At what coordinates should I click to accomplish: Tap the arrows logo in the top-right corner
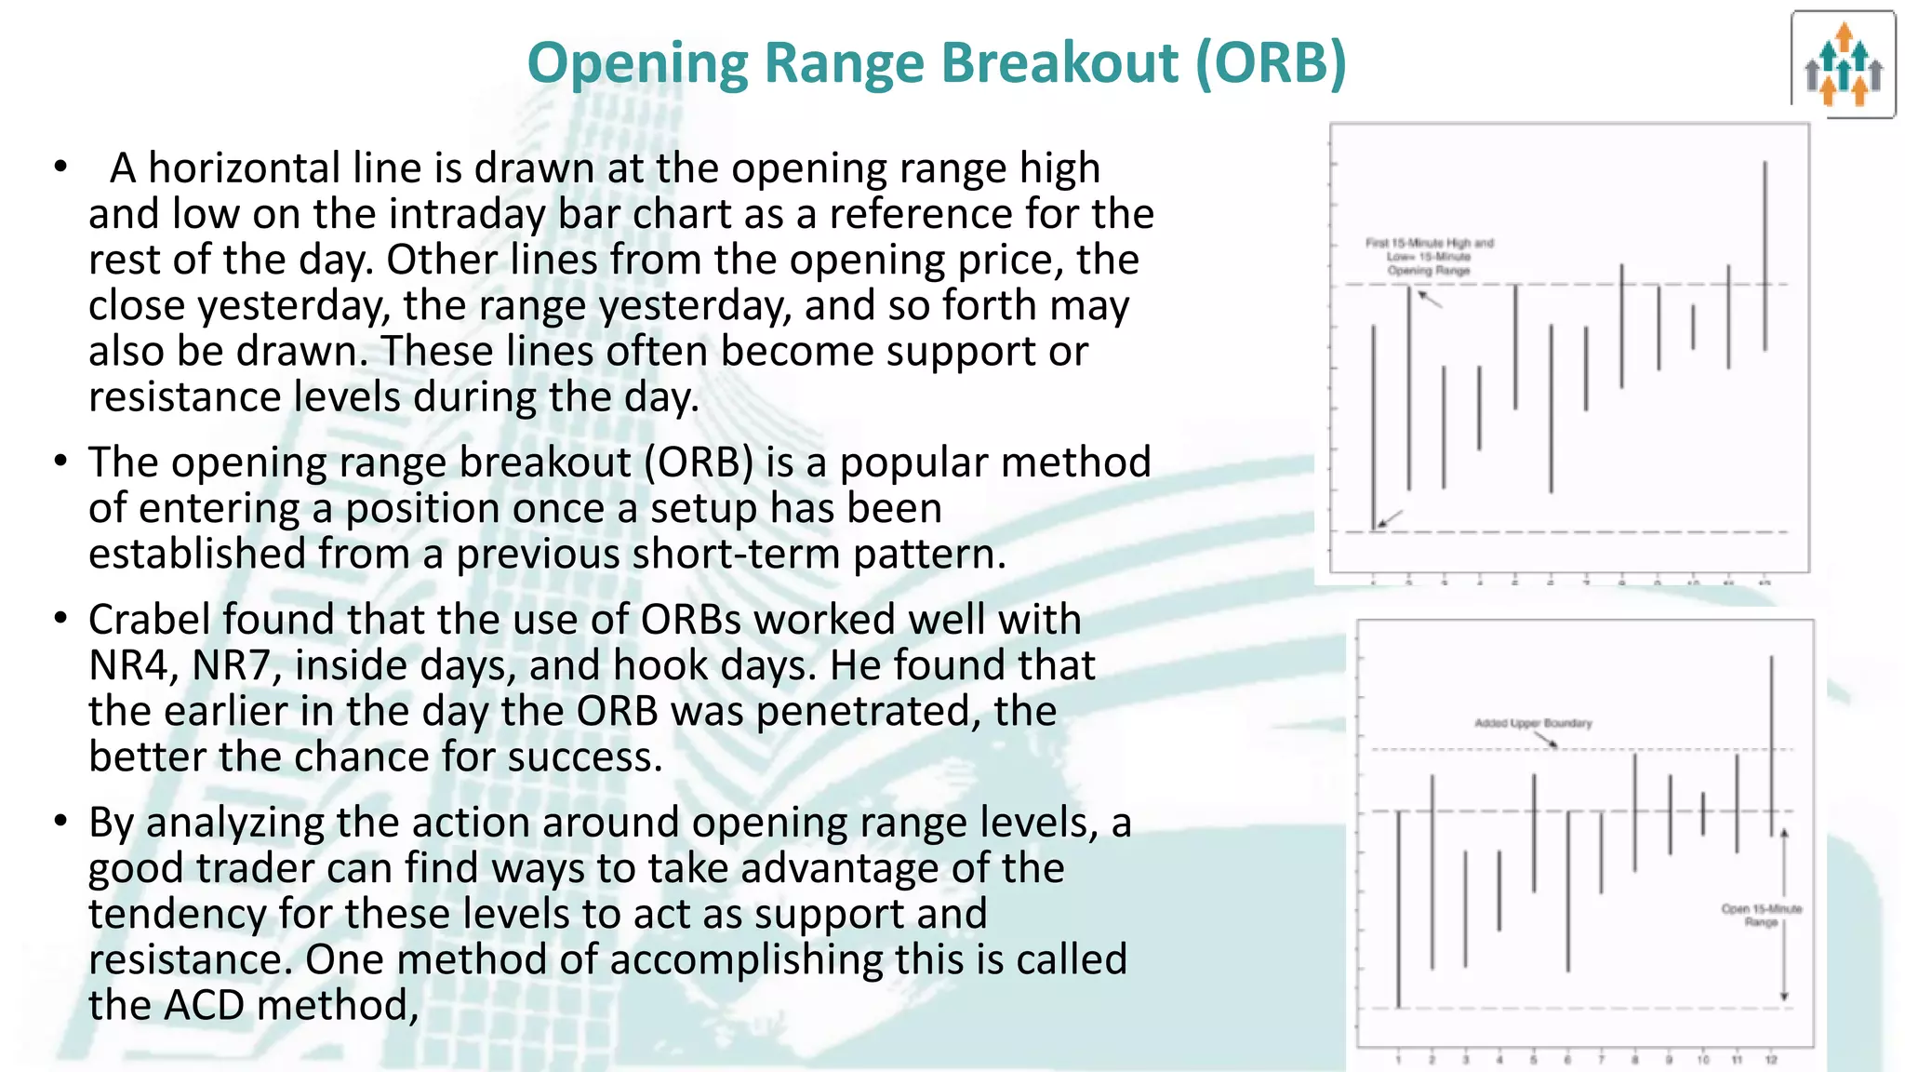[1843, 65]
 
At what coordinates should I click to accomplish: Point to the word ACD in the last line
[204, 1005]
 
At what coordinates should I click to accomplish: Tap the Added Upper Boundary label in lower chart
[1533, 723]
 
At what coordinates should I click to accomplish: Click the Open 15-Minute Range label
[1761, 915]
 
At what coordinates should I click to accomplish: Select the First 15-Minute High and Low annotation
[1429, 256]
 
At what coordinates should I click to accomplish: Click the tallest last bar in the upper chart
[1765, 256]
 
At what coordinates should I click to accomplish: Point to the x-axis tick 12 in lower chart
[1771, 1060]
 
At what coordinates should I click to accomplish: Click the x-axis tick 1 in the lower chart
[1399, 1060]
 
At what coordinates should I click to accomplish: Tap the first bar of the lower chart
[1399, 907]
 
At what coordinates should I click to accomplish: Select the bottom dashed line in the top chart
[1581, 532]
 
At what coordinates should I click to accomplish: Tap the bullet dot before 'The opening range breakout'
[60, 462]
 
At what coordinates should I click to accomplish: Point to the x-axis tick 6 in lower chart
[1567, 1060]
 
